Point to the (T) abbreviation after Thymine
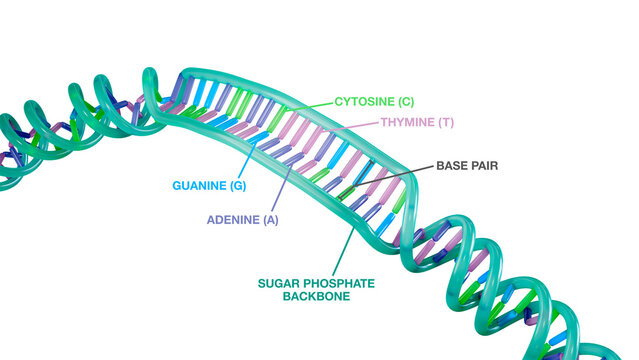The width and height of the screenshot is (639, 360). coord(446,122)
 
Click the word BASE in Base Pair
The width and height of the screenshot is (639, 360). coord(453,164)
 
